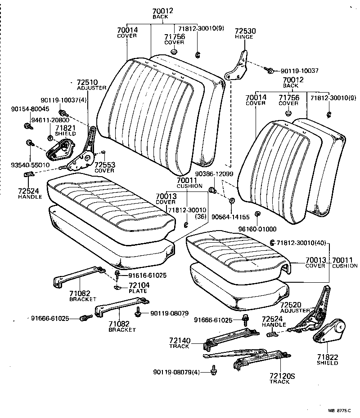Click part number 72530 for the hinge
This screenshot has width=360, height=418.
tap(245, 31)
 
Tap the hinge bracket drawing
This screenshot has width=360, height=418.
tap(238, 67)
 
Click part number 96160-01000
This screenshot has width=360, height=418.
tap(257, 229)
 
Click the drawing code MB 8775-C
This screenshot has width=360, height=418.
tap(340, 409)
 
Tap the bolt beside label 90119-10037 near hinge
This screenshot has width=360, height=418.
tap(271, 71)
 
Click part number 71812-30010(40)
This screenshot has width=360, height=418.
tap(302, 243)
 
